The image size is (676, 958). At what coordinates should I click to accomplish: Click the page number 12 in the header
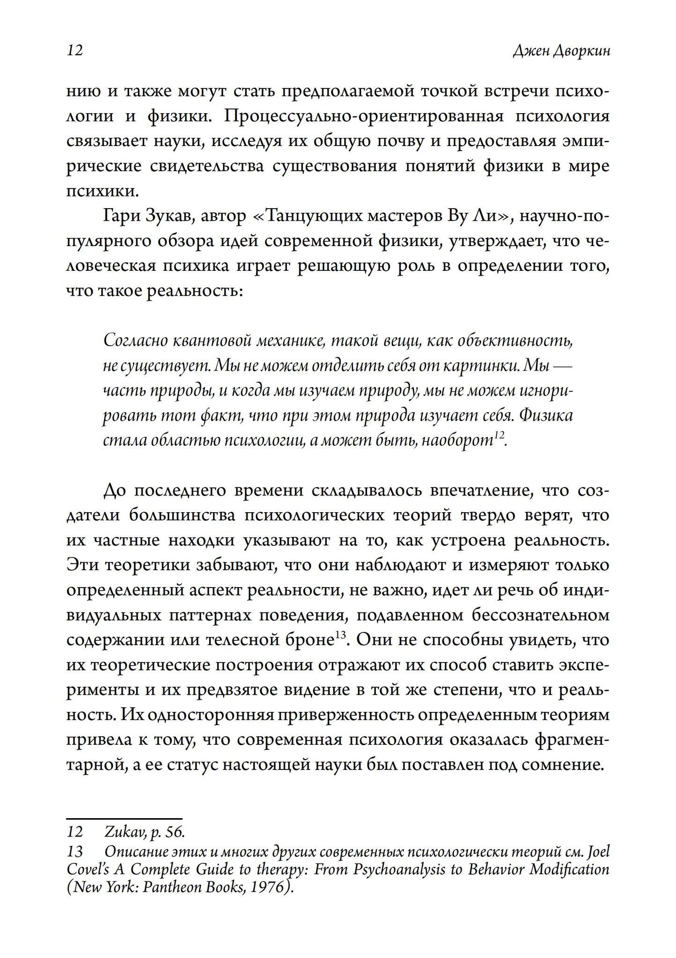tap(75, 50)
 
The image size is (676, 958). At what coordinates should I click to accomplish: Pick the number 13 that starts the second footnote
tap(75, 851)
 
